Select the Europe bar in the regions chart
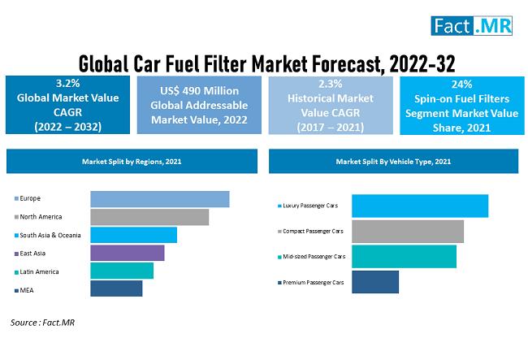[159, 199]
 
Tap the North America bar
[149, 217]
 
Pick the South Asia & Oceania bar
[133, 235]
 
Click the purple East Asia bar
[127, 253]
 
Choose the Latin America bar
[122, 271]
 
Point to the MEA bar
[116, 288]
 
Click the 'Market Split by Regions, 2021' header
[132, 162]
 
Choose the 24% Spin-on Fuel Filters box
[461, 105]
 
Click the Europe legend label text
[31, 198]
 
